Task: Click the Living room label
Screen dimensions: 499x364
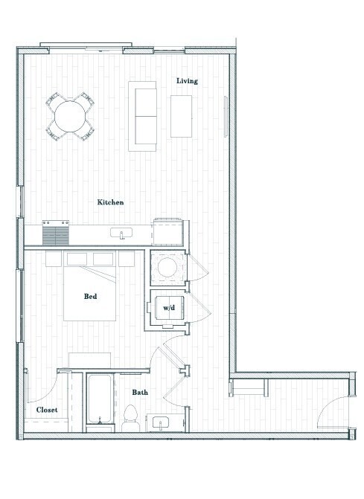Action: pyautogui.click(x=187, y=81)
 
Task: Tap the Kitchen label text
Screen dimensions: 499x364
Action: pyautogui.click(x=110, y=202)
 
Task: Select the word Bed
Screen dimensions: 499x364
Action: pyautogui.click(x=90, y=297)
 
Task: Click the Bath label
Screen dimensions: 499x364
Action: pyautogui.click(x=140, y=392)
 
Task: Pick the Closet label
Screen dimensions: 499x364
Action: pyautogui.click(x=47, y=410)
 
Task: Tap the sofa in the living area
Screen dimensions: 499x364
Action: pyautogui.click(x=143, y=115)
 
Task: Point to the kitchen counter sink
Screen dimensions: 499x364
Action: pyautogui.click(x=121, y=234)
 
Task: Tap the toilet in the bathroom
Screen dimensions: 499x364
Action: pyautogui.click(x=130, y=416)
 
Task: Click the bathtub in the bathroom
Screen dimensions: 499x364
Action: pyautogui.click(x=99, y=402)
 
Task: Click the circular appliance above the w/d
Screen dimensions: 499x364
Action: pyautogui.click(x=167, y=269)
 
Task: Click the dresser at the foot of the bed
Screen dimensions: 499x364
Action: pyautogui.click(x=89, y=361)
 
